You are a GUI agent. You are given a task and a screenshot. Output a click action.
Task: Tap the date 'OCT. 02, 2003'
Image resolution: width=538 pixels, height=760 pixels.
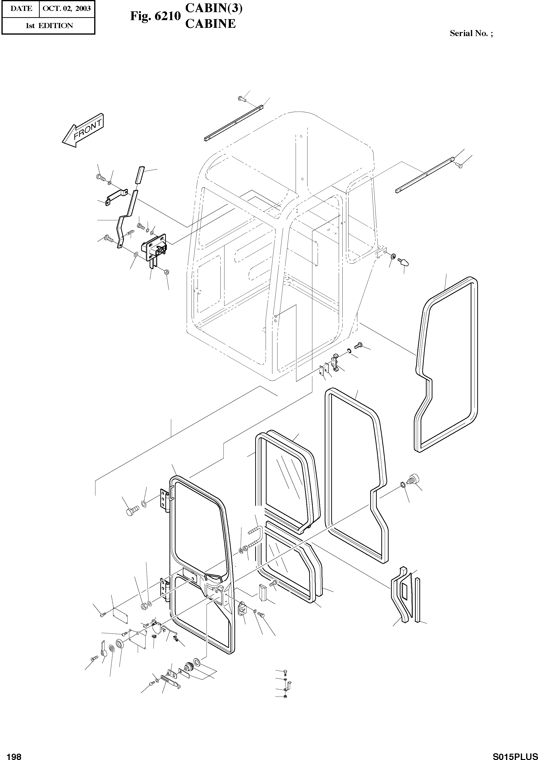coord(67,9)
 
